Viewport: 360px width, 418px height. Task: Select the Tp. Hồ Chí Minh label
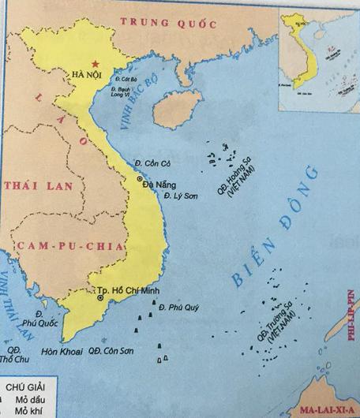(x=125, y=289)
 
